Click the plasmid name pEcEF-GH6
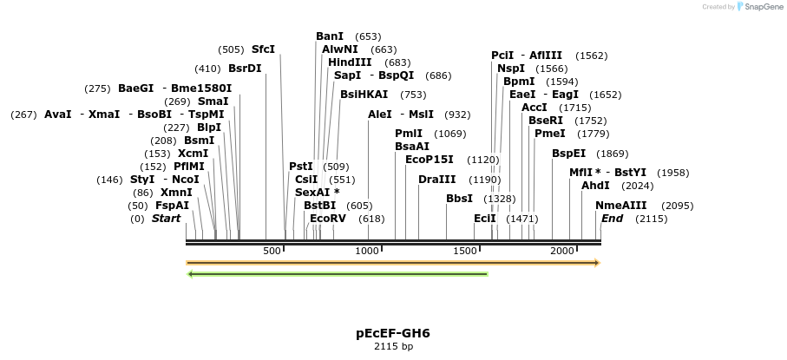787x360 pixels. click(x=392, y=333)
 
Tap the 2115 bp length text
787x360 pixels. click(x=393, y=347)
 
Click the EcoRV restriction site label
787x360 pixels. click(x=328, y=219)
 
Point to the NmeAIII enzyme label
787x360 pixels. click(x=621, y=206)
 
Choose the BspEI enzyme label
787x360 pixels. click(x=569, y=154)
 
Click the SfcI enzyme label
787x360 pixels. click(x=263, y=49)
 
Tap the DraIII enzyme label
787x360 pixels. click(x=436, y=180)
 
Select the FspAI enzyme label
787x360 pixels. click(x=172, y=206)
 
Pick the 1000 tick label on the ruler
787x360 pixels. click(x=368, y=251)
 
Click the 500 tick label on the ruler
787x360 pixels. click(x=272, y=251)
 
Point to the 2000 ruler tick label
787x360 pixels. click(x=562, y=251)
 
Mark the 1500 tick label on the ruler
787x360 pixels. click(x=465, y=251)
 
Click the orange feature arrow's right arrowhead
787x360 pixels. click(x=597, y=262)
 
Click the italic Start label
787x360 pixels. click(x=166, y=219)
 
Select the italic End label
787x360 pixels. click(x=612, y=219)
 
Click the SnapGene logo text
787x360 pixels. click(x=761, y=7)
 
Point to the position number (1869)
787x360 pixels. click(x=612, y=154)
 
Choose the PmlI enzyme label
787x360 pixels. click(x=409, y=134)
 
